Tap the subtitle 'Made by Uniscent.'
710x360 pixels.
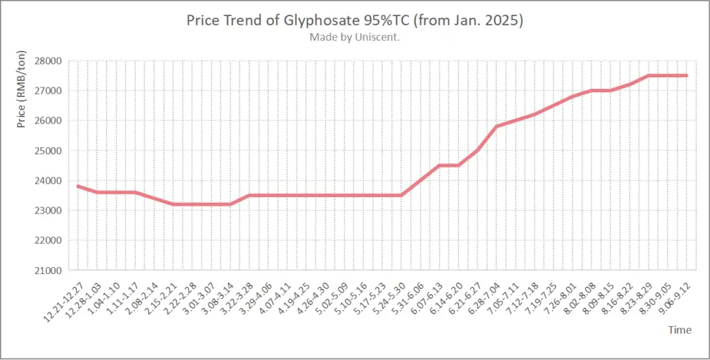354,37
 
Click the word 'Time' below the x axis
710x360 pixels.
679,330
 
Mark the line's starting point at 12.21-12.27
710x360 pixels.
78,186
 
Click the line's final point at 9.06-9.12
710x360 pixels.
686,76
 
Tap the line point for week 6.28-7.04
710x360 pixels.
496,126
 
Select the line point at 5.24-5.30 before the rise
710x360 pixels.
401,195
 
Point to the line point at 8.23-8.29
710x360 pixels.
648,76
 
